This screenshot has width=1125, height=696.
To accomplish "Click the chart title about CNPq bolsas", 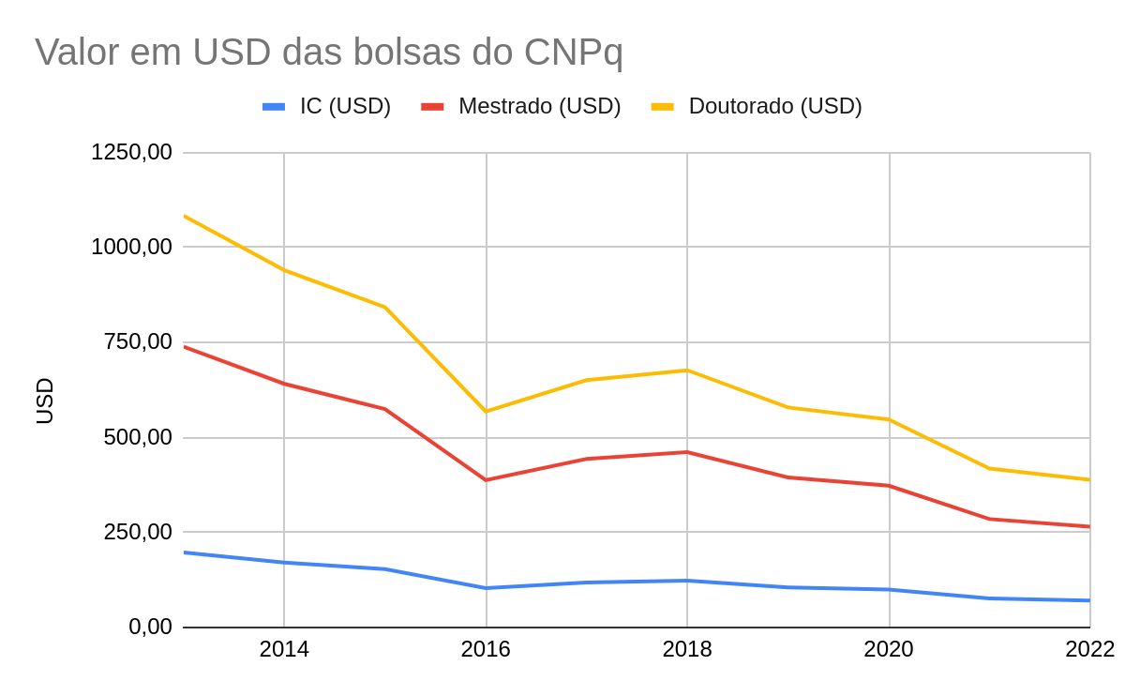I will [329, 52].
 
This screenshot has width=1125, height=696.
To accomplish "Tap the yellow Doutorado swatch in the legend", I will [663, 106].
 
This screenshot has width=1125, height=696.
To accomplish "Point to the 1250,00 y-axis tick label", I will [131, 152].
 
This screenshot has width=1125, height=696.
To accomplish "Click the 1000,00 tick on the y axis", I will [131, 247].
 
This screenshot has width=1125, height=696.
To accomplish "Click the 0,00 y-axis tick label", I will [150, 627].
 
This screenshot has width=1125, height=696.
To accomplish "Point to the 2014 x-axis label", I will [284, 649].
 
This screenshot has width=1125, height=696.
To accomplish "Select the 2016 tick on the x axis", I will [486, 649].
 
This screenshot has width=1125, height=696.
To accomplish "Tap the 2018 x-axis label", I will [687, 649].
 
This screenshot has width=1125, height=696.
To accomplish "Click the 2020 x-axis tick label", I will [889, 649].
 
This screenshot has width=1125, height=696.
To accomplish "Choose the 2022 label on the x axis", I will [1089, 649].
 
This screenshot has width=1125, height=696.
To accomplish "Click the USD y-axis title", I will [45, 401].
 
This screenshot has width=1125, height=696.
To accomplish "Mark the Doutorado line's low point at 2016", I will [486, 411].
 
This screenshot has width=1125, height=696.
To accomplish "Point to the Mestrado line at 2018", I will [687, 452].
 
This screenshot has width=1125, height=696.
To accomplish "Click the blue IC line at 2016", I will [486, 588].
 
